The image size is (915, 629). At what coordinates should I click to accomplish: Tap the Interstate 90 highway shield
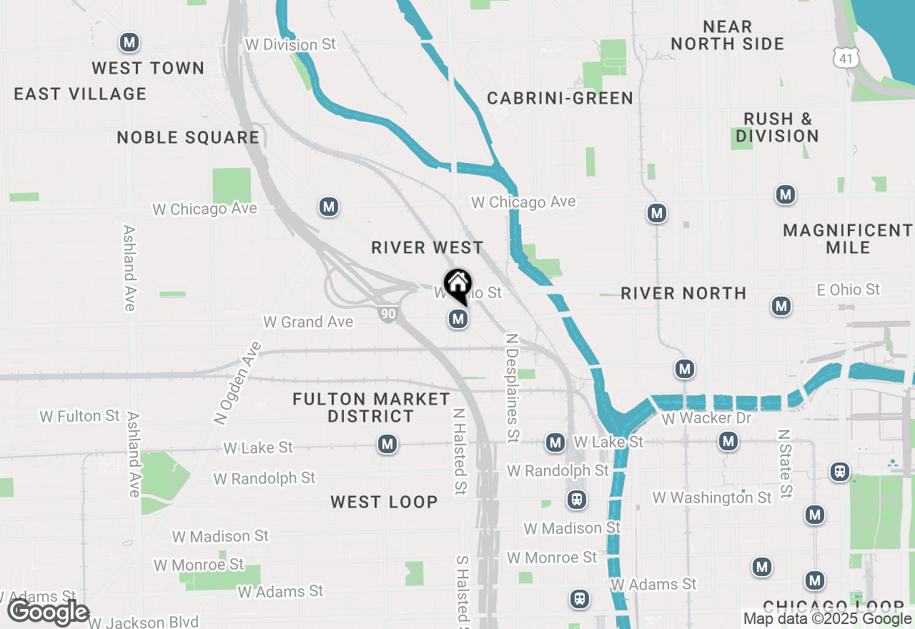coord(388,314)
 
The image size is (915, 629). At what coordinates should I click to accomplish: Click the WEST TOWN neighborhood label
coord(148,69)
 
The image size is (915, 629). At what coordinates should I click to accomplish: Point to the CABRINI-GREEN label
coord(560,99)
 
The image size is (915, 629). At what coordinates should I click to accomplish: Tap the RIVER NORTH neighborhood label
coord(683,293)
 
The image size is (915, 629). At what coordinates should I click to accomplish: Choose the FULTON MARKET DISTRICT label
coord(371,407)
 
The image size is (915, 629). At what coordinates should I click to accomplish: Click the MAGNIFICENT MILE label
coord(848,239)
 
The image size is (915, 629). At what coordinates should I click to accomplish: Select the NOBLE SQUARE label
coord(188,138)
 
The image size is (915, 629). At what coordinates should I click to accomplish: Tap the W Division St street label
coord(290,44)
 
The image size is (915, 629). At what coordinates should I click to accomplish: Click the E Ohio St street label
coord(849,289)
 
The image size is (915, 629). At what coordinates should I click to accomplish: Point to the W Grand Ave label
coord(308,322)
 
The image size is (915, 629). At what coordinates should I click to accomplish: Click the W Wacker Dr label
coord(707,418)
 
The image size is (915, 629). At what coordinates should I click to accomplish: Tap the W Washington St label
coord(712,497)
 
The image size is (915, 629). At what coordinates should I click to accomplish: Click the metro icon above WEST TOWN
coord(129,42)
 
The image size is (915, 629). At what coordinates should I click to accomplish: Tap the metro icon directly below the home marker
coord(458,319)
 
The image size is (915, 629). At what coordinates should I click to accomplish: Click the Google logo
coord(49,613)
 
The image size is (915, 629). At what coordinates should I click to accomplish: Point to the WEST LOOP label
coord(384,502)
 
